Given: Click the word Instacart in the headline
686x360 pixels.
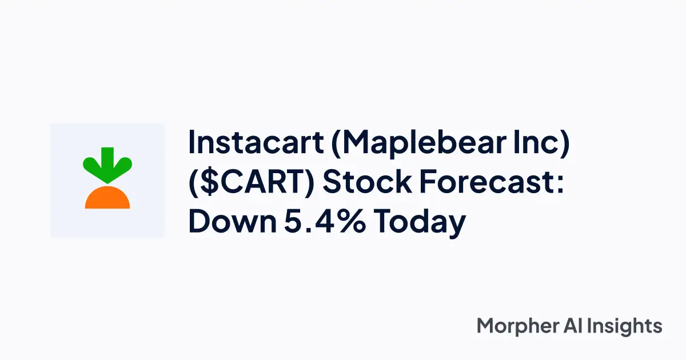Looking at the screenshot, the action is [x=256, y=142].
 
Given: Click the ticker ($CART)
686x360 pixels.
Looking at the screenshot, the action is [x=252, y=182].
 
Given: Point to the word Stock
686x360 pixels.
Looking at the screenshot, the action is [x=367, y=181].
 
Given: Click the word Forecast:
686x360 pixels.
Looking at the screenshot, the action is [x=492, y=181].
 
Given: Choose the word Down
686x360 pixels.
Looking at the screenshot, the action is [x=233, y=221].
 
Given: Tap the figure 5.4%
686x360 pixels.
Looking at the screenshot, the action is [x=325, y=221].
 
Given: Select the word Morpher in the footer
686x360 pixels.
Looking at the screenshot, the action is [x=517, y=326].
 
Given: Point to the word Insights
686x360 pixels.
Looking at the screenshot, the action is [x=625, y=326].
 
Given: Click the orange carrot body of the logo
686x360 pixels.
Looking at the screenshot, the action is [x=107, y=198].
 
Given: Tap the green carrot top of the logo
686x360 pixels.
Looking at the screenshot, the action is [x=107, y=165].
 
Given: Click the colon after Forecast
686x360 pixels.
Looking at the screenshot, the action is [x=560, y=184].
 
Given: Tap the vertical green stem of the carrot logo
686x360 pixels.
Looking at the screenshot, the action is [x=107, y=159].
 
